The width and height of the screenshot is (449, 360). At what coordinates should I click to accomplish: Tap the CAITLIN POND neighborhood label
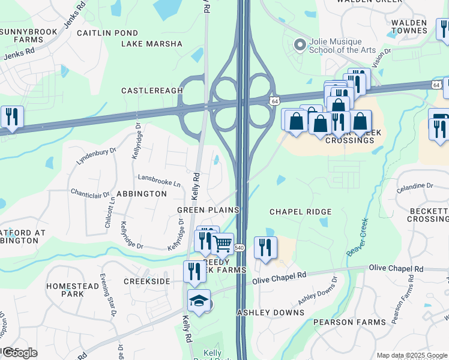(107, 32)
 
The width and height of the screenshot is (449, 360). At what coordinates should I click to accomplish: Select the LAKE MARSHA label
(152, 44)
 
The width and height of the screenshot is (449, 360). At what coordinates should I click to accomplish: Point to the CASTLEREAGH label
(152, 91)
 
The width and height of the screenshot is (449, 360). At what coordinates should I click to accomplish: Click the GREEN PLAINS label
(208, 210)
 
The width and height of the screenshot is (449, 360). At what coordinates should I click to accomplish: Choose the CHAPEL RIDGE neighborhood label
(300, 212)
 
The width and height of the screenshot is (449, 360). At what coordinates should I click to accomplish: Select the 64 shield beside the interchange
(274, 102)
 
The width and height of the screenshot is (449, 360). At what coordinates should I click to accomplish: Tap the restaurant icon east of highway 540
(265, 247)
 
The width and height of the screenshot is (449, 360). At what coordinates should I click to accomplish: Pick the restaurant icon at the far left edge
(12, 116)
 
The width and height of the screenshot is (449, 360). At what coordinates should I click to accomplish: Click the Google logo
(20, 353)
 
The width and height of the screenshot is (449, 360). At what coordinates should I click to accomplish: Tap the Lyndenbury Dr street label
(96, 157)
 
